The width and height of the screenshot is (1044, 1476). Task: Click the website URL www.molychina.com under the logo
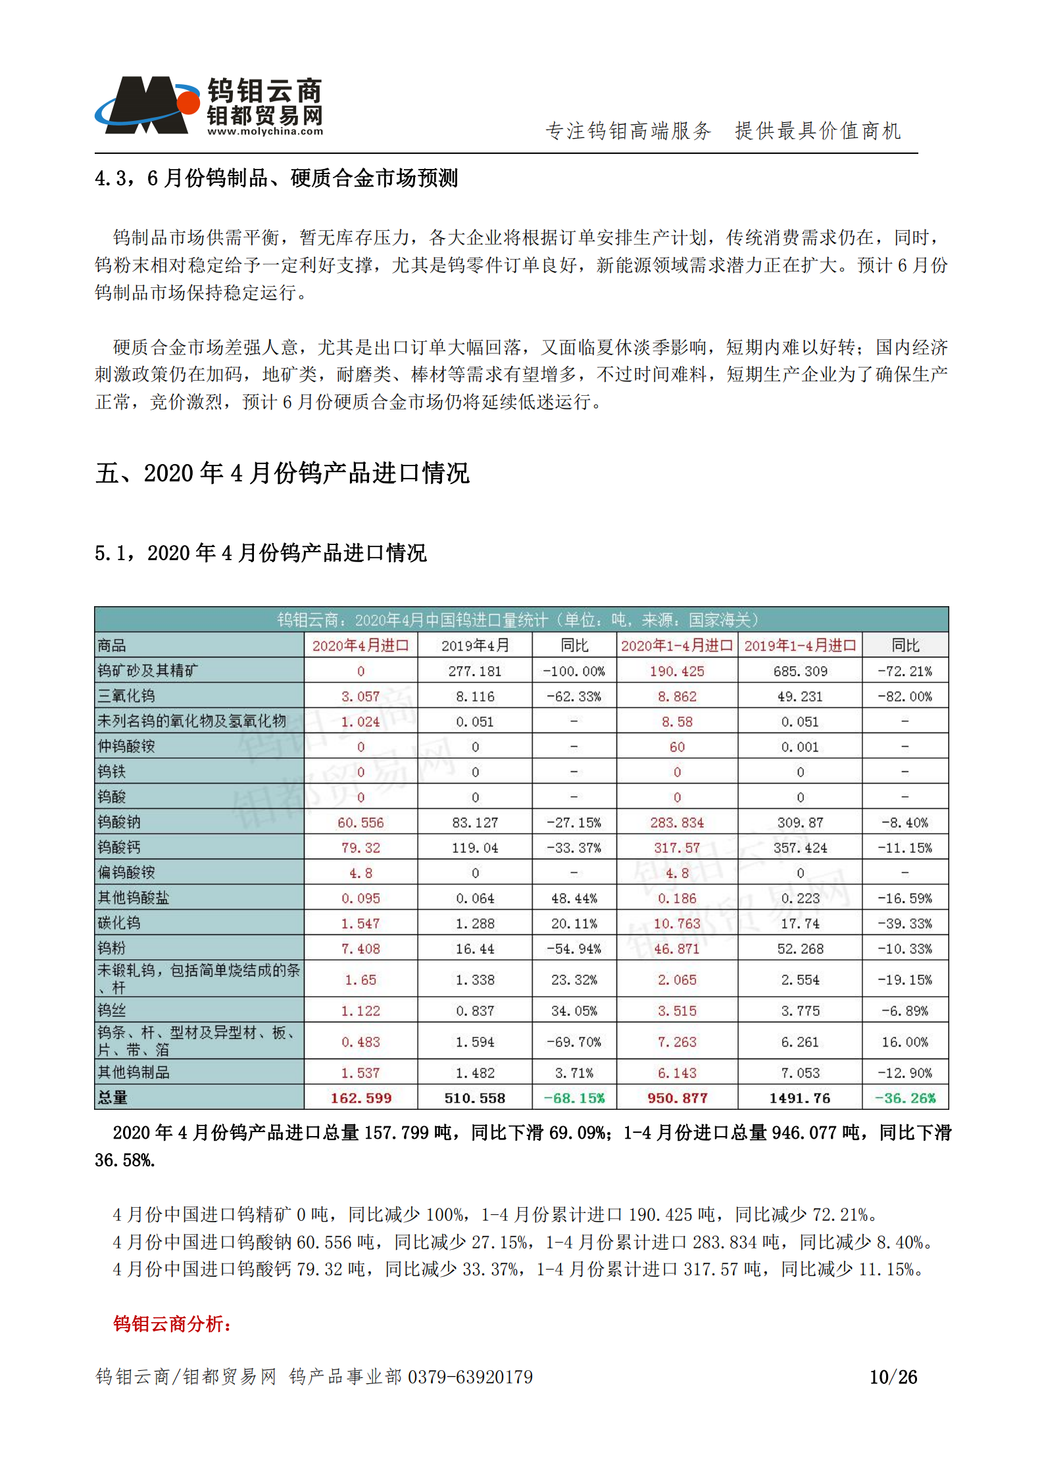[x=265, y=131]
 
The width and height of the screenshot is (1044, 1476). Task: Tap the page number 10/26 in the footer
[x=893, y=1377]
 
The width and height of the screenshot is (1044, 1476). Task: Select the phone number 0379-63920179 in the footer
[x=470, y=1377]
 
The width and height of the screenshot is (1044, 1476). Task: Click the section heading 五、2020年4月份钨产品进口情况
[x=282, y=473]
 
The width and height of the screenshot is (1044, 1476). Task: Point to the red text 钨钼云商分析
[x=172, y=1323]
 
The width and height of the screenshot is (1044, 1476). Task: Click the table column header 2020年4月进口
[x=360, y=646]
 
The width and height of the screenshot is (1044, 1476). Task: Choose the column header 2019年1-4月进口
[x=800, y=646]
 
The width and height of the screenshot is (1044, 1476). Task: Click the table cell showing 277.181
[x=474, y=671]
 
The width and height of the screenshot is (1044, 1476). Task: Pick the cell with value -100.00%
[x=574, y=671]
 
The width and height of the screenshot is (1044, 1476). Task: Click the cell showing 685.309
[x=800, y=671]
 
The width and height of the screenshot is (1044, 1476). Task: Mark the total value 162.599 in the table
[x=360, y=1098]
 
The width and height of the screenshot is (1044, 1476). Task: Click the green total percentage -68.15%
[x=574, y=1098]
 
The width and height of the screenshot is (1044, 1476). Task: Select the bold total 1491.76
[x=800, y=1098]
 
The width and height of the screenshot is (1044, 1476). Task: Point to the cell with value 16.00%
[x=905, y=1042]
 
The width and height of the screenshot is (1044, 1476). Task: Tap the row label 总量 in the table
[x=112, y=1097]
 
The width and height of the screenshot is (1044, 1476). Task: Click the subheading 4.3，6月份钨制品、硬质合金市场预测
[x=276, y=178]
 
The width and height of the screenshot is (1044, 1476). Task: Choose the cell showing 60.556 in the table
[x=360, y=822]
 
